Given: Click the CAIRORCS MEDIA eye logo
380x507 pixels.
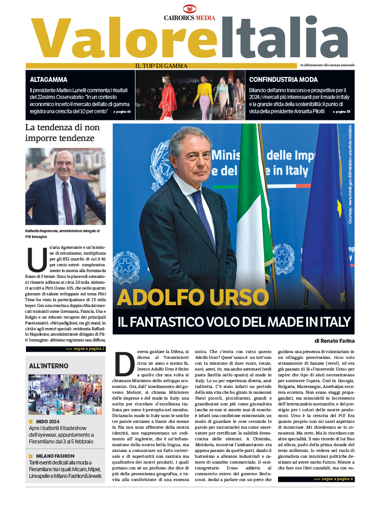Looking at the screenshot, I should (190, 9).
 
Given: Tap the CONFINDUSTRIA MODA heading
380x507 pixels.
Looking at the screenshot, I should (283, 80).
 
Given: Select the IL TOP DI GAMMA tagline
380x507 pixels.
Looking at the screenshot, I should (161, 66).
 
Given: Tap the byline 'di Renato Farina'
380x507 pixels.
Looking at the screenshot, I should (331, 341).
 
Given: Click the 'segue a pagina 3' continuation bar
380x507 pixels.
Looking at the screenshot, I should (65, 349).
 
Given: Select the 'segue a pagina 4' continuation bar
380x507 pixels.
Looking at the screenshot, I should (316, 479).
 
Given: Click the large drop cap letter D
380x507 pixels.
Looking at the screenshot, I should (124, 364).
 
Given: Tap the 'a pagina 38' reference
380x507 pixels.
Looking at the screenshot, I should (342, 111).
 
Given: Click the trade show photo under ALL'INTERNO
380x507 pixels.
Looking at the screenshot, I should (65, 394).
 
